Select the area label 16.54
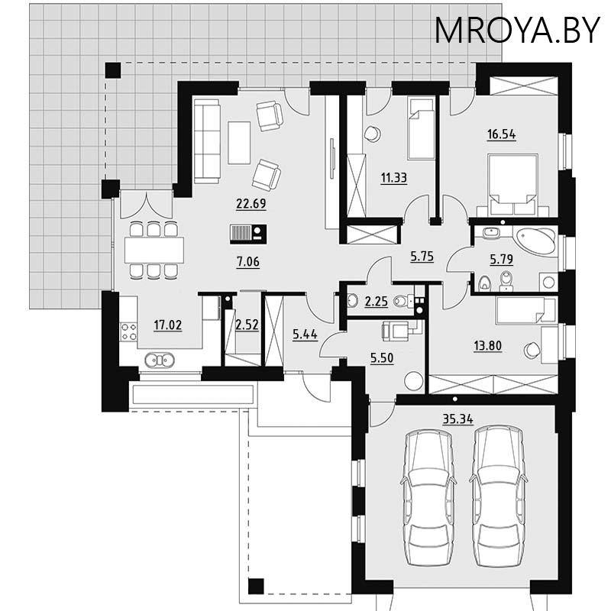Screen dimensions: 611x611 click(x=501, y=135)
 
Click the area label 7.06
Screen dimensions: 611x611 click(x=250, y=261)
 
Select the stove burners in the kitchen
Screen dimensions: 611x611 click(x=128, y=331)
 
